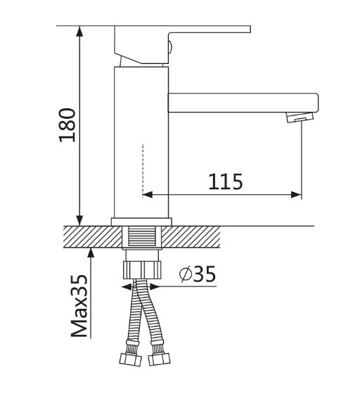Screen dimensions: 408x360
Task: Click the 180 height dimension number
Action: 67,125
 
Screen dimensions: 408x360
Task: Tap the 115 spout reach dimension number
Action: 225,181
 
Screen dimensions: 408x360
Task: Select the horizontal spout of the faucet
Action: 239,102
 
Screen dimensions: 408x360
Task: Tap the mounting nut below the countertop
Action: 142,270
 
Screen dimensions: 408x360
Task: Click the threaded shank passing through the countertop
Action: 142,237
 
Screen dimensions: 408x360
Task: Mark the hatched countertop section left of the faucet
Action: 88,236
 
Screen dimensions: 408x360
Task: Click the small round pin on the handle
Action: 171,48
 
